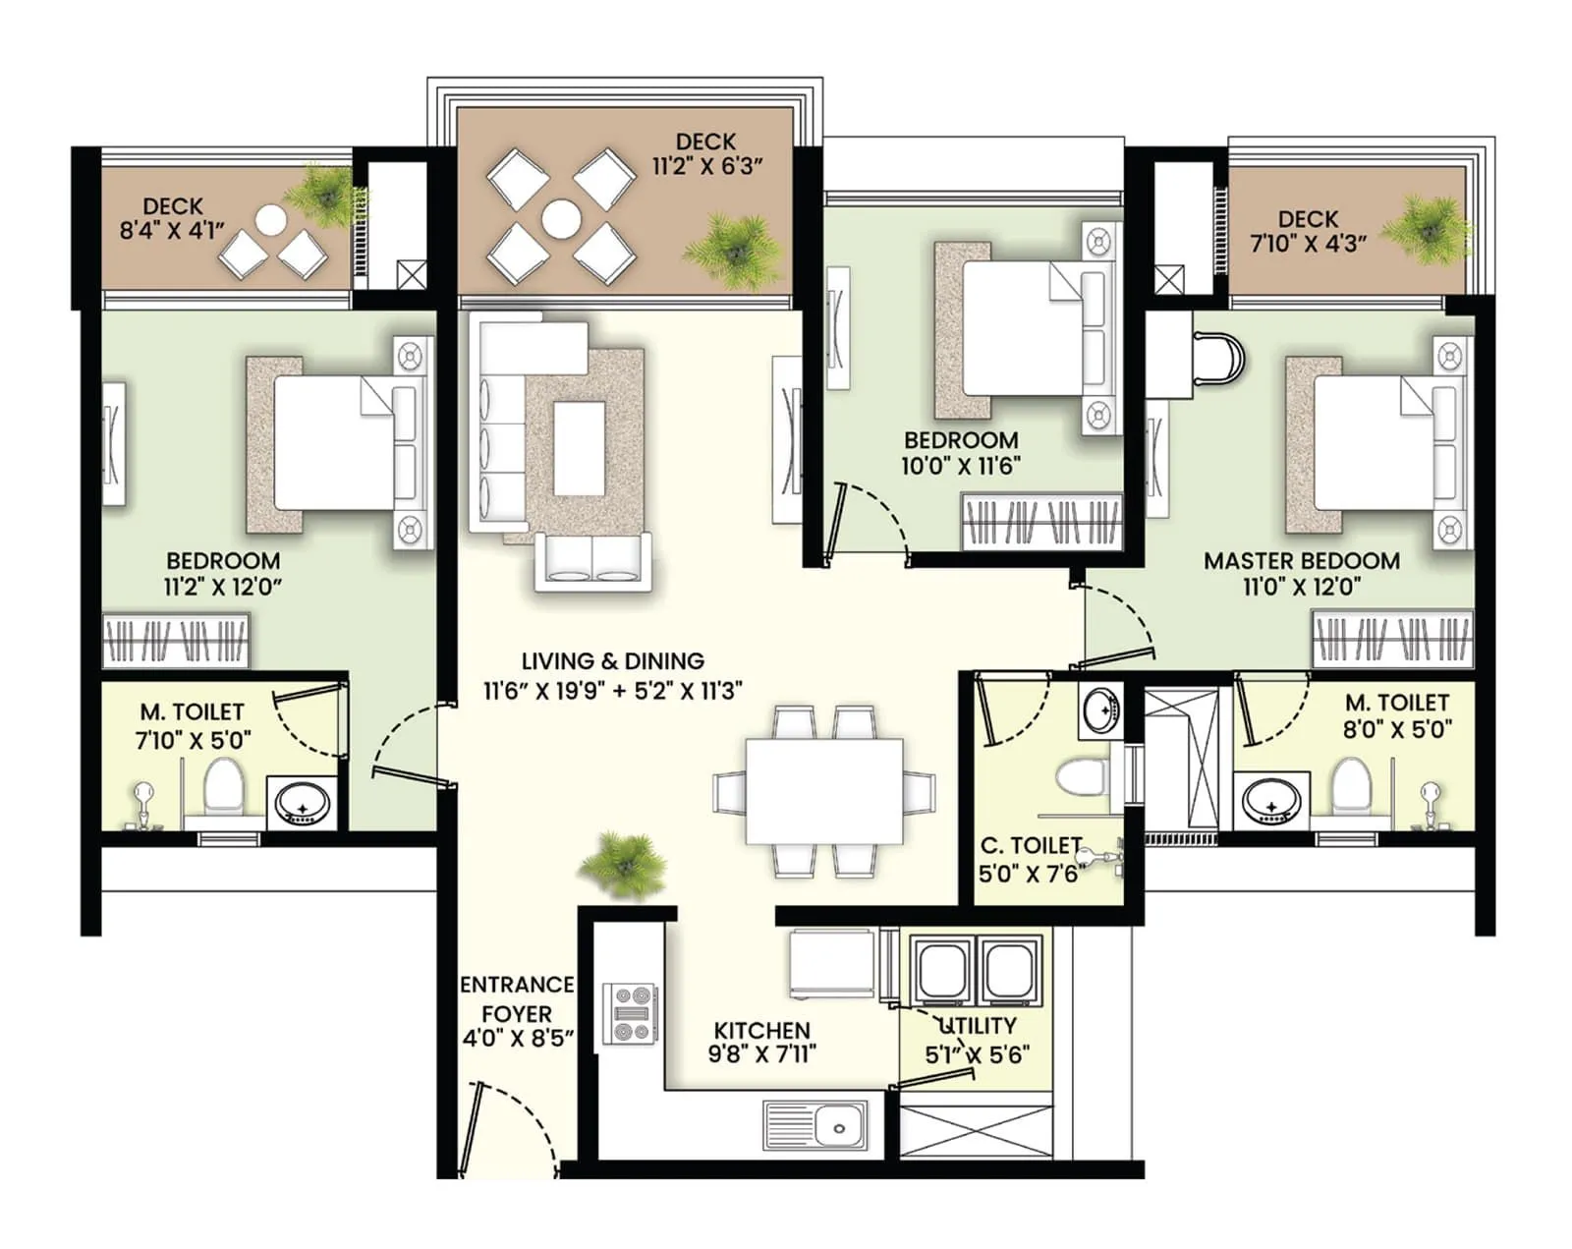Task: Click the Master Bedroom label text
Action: click(1301, 561)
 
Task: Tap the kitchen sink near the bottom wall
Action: click(814, 1125)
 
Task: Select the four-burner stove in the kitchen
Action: click(631, 1013)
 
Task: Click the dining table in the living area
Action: click(823, 791)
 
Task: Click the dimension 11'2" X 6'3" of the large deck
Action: click(707, 167)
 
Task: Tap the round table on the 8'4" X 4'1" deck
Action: click(271, 219)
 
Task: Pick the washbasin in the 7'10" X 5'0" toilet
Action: click(303, 802)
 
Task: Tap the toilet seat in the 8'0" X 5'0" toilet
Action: click(1352, 787)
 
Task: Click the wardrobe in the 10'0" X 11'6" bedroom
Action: click(1040, 522)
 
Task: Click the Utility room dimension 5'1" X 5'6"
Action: click(977, 1055)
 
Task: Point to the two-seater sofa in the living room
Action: click(591, 564)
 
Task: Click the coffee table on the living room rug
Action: click(579, 447)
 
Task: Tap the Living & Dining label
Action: click(612, 661)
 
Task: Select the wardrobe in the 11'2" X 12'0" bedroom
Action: click(176, 641)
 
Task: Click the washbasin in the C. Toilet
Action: click(1097, 710)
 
